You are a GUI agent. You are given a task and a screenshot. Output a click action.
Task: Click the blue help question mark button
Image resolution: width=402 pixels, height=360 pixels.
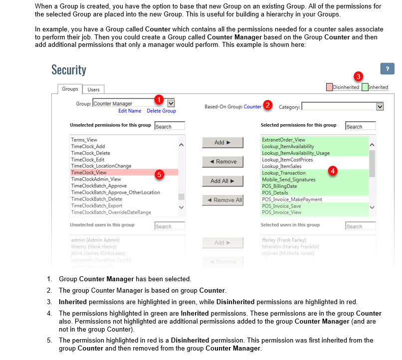point(387,69)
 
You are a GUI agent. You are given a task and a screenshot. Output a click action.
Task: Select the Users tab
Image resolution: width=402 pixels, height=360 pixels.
point(93,90)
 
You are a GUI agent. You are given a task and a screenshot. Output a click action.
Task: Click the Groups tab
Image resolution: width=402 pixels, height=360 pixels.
point(70,89)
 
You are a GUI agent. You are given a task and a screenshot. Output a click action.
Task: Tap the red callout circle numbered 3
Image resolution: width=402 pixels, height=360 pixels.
point(358,76)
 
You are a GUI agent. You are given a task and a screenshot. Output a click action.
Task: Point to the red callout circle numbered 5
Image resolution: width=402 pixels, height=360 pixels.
point(159,175)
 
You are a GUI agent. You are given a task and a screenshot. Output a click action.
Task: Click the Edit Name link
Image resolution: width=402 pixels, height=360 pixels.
point(130,111)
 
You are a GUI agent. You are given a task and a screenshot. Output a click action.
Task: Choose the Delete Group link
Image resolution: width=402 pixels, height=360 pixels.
point(161,111)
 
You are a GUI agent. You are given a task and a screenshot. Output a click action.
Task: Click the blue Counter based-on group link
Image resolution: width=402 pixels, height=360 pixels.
point(252,106)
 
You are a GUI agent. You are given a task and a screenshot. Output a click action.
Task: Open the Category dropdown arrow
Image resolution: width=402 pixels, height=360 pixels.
point(380,106)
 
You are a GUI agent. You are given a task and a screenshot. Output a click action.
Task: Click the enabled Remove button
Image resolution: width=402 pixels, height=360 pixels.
point(222,162)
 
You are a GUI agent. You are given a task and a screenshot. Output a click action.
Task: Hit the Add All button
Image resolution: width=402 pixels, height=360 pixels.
point(222,180)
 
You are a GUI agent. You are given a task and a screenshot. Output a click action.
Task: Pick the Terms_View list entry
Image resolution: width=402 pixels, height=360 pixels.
point(84,140)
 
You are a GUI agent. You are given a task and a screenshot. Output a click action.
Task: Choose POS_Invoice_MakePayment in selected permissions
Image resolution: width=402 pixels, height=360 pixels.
point(292,199)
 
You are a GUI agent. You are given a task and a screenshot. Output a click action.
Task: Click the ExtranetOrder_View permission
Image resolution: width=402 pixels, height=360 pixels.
point(283,140)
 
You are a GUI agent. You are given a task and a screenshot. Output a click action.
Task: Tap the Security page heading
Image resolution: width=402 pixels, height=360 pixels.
point(69,70)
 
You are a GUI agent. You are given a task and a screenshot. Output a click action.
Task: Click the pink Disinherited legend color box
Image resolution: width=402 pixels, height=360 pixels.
point(329,87)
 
